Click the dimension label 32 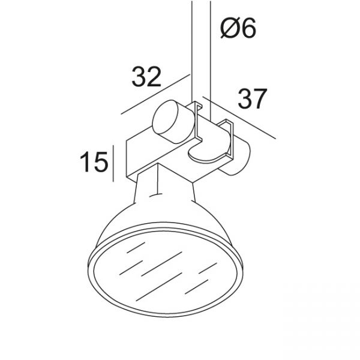[146, 76]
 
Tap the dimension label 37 [253, 98]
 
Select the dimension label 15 [94, 162]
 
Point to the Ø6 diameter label [238, 28]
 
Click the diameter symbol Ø [230, 28]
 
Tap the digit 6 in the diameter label [249, 28]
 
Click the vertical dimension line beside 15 [113, 163]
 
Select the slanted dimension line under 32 [155, 94]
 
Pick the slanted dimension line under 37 [239, 118]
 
